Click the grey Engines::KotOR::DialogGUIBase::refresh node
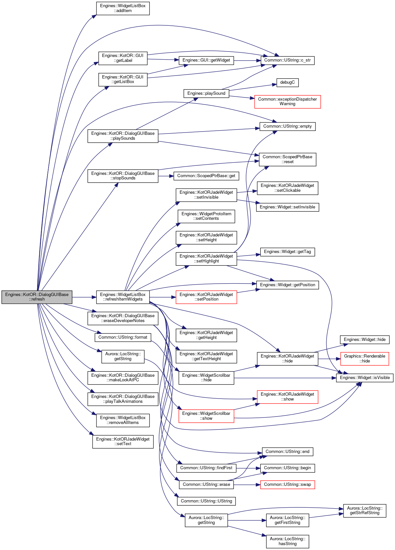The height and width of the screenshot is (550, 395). (37, 297)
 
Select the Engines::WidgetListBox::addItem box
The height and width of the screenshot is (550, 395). (123, 8)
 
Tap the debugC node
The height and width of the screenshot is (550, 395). (287, 82)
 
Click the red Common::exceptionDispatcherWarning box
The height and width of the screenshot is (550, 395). (287, 102)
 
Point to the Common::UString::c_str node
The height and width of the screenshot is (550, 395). (287, 60)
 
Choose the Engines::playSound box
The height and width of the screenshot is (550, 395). (206, 93)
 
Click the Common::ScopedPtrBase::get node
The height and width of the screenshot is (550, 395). (206, 176)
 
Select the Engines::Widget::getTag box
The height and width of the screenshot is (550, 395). (287, 252)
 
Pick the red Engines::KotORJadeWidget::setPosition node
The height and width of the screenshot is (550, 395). (206, 297)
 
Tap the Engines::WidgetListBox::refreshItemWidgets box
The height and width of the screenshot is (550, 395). (123, 297)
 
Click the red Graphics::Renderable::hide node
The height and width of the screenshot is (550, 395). (364, 359)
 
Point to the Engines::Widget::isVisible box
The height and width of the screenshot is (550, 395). (364, 378)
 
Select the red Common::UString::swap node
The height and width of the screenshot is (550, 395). (287, 485)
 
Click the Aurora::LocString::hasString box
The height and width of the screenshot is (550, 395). (287, 542)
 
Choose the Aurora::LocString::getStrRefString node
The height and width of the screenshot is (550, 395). (364, 511)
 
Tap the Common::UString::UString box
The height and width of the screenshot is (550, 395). (206, 501)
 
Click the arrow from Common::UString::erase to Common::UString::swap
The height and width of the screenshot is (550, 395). (247, 485)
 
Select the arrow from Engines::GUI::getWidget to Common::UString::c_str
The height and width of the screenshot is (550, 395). (247, 60)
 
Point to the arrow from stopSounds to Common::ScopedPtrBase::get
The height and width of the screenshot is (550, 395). (166, 176)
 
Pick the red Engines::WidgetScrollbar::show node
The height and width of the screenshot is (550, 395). (206, 416)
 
